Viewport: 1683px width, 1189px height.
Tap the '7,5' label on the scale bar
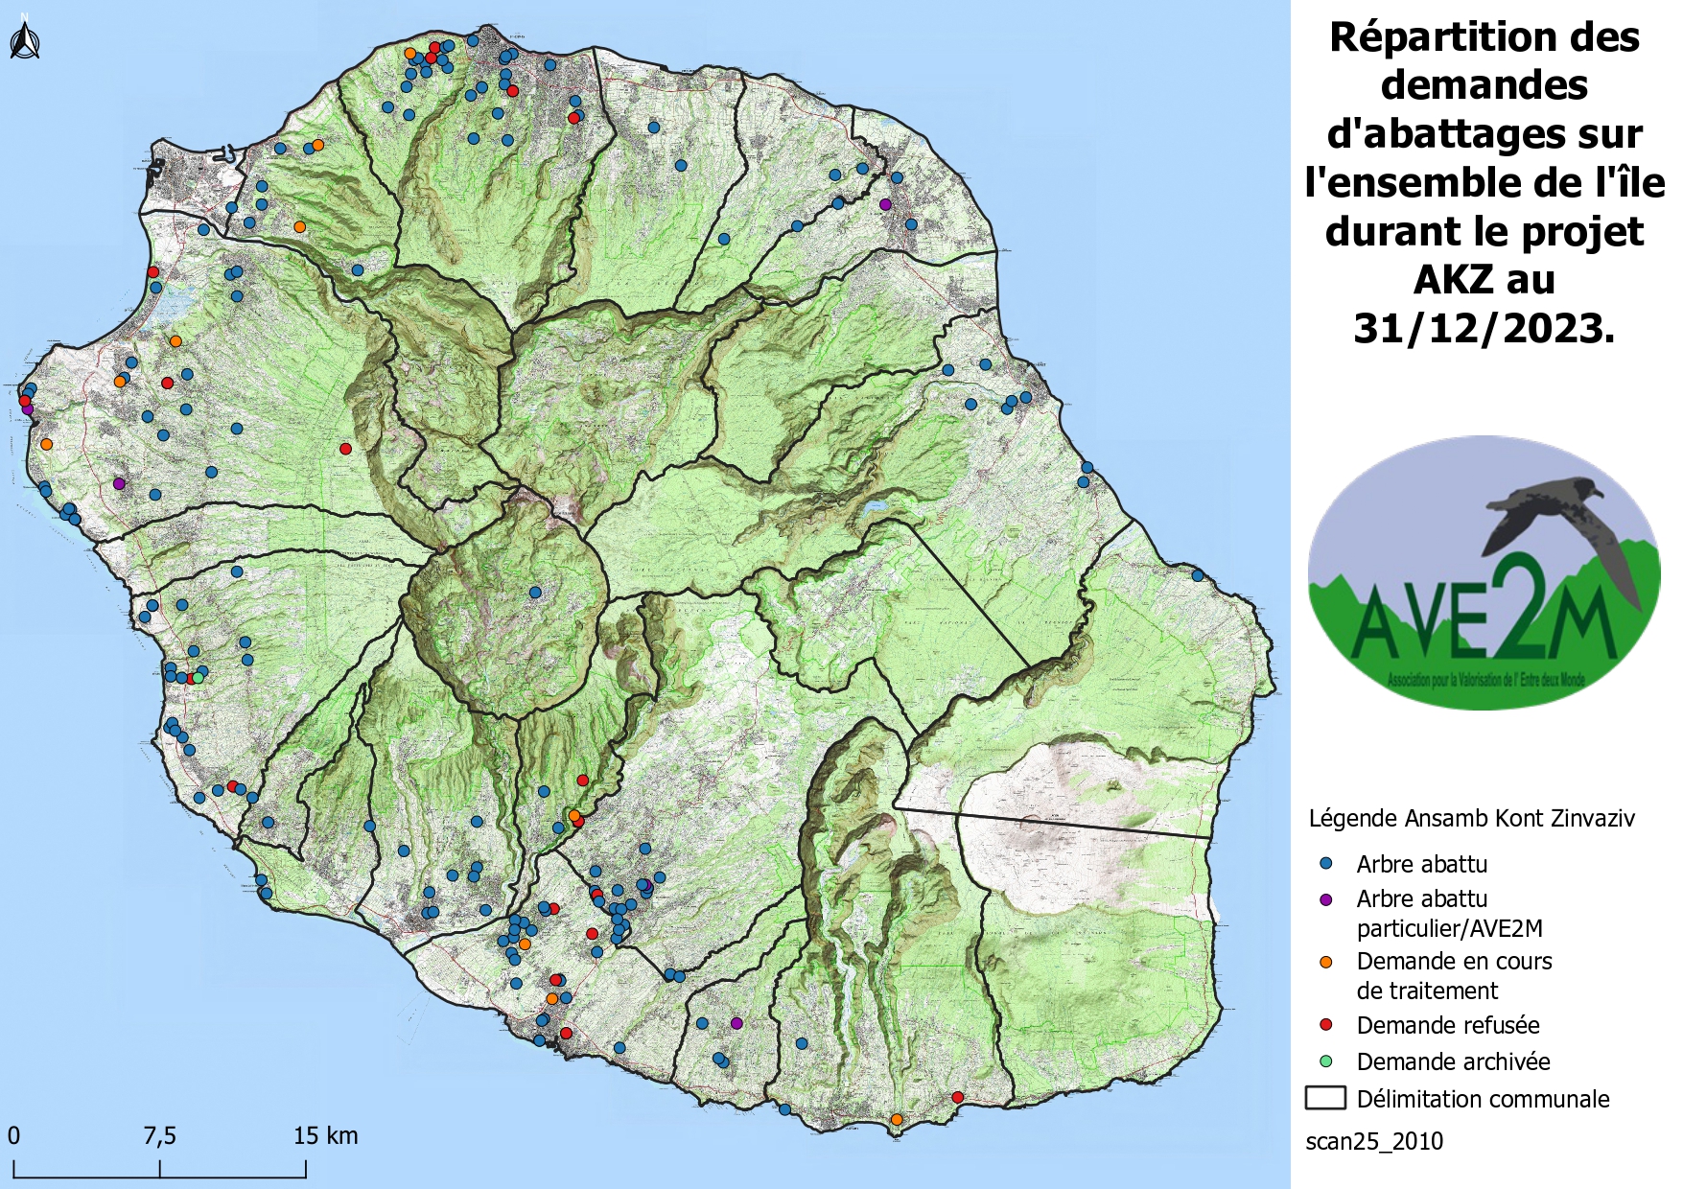click(159, 1136)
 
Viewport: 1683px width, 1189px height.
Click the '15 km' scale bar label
click(325, 1136)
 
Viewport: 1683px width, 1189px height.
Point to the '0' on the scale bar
click(13, 1136)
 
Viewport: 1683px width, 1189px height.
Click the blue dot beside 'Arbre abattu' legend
click(1326, 863)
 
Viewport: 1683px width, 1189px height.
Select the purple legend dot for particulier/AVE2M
click(1326, 899)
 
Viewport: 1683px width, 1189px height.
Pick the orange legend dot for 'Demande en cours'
click(1326, 962)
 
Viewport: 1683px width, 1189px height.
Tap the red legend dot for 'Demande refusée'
click(1326, 1025)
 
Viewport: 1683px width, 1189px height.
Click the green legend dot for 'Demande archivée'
click(1326, 1061)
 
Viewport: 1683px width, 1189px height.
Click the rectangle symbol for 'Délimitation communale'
click(1325, 1098)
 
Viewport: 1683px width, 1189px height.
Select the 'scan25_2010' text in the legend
click(1373, 1141)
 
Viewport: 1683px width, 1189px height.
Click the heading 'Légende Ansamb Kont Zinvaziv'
click(1471, 818)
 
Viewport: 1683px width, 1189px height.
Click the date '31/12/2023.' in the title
click(1484, 329)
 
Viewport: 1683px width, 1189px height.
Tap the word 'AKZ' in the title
click(1449, 280)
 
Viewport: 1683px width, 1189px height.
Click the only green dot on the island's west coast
click(198, 678)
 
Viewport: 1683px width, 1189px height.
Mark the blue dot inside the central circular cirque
click(535, 593)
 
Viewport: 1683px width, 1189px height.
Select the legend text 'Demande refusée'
click(1447, 1025)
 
